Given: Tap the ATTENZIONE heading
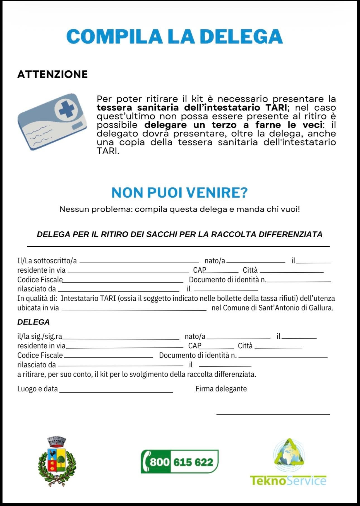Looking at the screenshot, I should [x=52, y=74].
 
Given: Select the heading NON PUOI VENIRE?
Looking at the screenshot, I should [x=179, y=193].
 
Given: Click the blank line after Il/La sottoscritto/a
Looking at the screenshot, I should [x=139, y=262].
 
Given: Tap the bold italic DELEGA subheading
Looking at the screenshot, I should [x=33, y=322].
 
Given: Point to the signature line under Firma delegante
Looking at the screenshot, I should [x=273, y=414].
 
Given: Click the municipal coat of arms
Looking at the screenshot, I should [x=57, y=461].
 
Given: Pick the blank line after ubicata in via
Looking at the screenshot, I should [x=134, y=310].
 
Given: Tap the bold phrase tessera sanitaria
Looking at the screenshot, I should [x=138, y=107].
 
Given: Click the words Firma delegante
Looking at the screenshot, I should [x=221, y=389].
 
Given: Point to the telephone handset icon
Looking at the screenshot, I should [x=146, y=462].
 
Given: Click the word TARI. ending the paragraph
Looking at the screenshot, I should [x=108, y=151].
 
